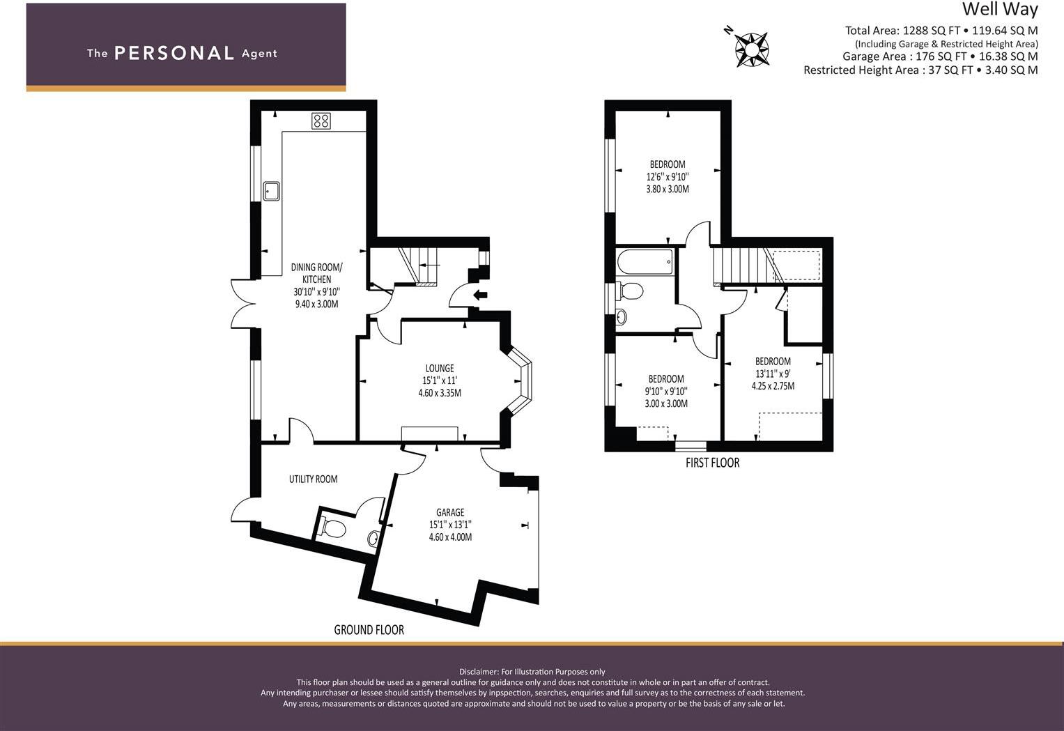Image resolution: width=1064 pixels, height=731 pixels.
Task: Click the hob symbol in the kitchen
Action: (321, 121)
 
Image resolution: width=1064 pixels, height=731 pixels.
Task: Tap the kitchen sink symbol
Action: (271, 191)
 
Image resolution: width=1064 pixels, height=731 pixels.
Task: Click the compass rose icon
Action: (752, 49)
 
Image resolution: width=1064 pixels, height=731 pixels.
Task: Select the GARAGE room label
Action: (450, 512)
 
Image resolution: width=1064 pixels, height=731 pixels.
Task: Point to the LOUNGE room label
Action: (440, 368)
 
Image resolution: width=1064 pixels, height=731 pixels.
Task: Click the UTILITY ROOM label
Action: (313, 479)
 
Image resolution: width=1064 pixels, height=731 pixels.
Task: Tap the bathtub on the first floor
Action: (645, 263)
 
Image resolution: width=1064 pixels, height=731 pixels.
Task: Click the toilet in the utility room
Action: (332, 528)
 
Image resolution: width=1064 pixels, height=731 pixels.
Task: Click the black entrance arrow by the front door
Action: (480, 295)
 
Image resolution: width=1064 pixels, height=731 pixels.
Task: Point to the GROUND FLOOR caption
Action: (369, 629)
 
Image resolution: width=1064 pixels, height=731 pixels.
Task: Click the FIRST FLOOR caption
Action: (712, 462)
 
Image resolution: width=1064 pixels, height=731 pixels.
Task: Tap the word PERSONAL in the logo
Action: (174, 53)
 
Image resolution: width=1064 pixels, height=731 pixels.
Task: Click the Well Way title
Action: (1000, 9)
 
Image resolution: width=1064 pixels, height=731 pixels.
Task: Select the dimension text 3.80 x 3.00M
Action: (668, 189)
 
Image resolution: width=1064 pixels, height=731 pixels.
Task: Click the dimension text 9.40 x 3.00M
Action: (316, 304)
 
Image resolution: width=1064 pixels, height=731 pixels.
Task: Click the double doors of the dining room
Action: (242, 304)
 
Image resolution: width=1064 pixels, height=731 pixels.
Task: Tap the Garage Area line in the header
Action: (939, 56)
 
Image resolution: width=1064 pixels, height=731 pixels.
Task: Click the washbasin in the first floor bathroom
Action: (622, 317)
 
